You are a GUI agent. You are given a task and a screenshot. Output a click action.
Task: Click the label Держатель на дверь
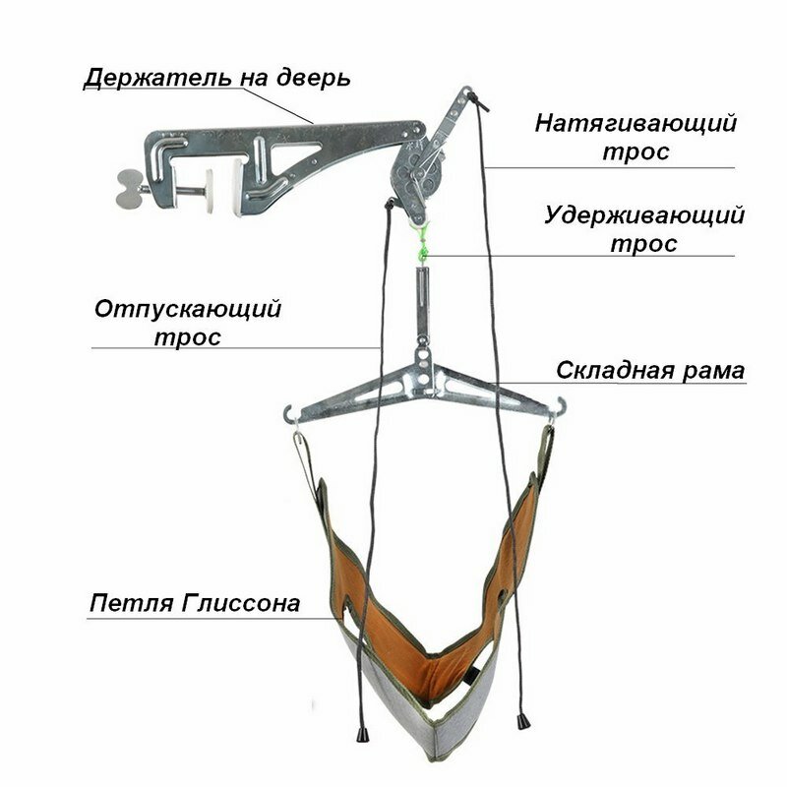pyautogui.click(x=215, y=78)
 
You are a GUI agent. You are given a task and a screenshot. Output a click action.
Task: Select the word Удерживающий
pyautogui.click(x=643, y=215)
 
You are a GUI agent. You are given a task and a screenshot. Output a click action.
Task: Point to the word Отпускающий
pyautogui.click(x=188, y=308)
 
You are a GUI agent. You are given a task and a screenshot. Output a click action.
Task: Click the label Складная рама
pyautogui.click(x=650, y=371)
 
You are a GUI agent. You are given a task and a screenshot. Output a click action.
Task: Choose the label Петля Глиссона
pyautogui.click(x=195, y=602)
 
